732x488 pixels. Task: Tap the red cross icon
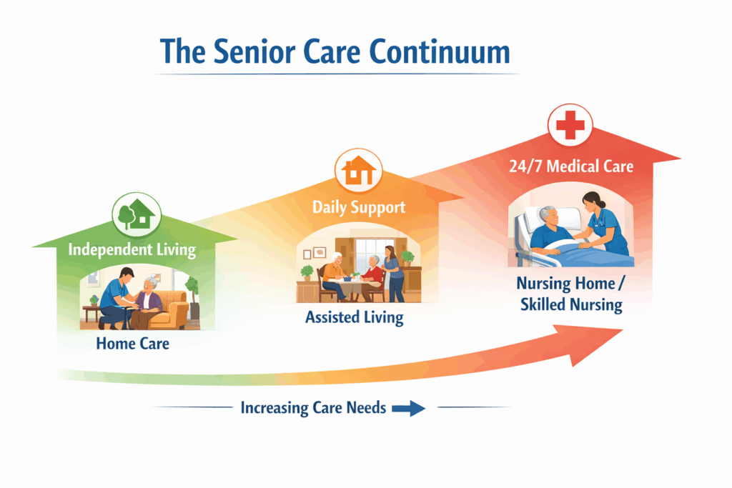point(570,125)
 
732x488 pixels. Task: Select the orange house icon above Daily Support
point(358,171)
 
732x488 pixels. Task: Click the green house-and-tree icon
point(137,216)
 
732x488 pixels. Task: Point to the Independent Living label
point(132,249)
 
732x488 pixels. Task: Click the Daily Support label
point(359,207)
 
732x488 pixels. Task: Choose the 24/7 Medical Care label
point(571,166)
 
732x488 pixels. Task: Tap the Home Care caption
point(132,344)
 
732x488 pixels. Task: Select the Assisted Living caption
point(355,317)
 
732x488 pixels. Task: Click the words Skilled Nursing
point(571,304)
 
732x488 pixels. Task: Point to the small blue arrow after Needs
point(408,408)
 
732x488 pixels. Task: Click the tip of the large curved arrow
point(623,330)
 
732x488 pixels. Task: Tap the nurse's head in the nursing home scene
point(593,201)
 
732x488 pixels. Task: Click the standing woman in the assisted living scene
point(393,274)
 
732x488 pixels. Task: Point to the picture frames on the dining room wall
point(315,253)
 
